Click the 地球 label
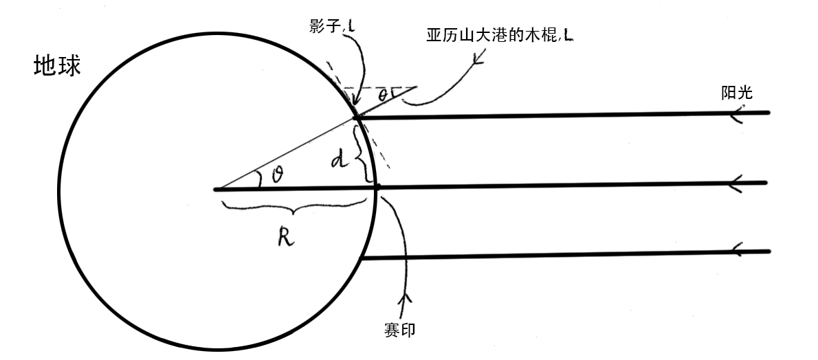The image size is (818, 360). (x=58, y=66)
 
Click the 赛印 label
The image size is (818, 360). (x=400, y=330)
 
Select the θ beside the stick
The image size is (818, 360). (x=391, y=93)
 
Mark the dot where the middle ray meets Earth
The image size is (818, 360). (x=377, y=186)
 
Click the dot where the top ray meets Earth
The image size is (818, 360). (x=357, y=118)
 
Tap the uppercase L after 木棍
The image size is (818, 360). (x=568, y=36)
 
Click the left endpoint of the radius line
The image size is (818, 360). (x=216, y=188)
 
